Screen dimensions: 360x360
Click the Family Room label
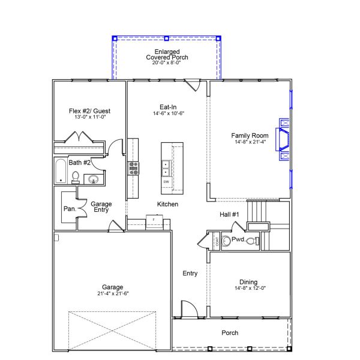[x=248, y=136]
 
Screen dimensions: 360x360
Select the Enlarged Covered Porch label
[x=167, y=54]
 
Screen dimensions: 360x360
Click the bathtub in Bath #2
[x=60, y=172]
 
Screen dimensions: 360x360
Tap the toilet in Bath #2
[x=76, y=176]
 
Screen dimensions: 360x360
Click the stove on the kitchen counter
[x=133, y=168]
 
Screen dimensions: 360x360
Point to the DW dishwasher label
[x=166, y=181]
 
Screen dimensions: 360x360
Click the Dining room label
[x=248, y=282]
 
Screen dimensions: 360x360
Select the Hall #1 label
[x=229, y=215]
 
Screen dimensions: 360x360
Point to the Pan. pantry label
[x=69, y=209]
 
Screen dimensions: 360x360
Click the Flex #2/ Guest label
[x=89, y=111]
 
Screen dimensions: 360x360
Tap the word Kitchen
[x=168, y=205]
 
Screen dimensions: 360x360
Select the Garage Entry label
[x=101, y=208]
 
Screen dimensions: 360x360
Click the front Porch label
[x=230, y=332]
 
